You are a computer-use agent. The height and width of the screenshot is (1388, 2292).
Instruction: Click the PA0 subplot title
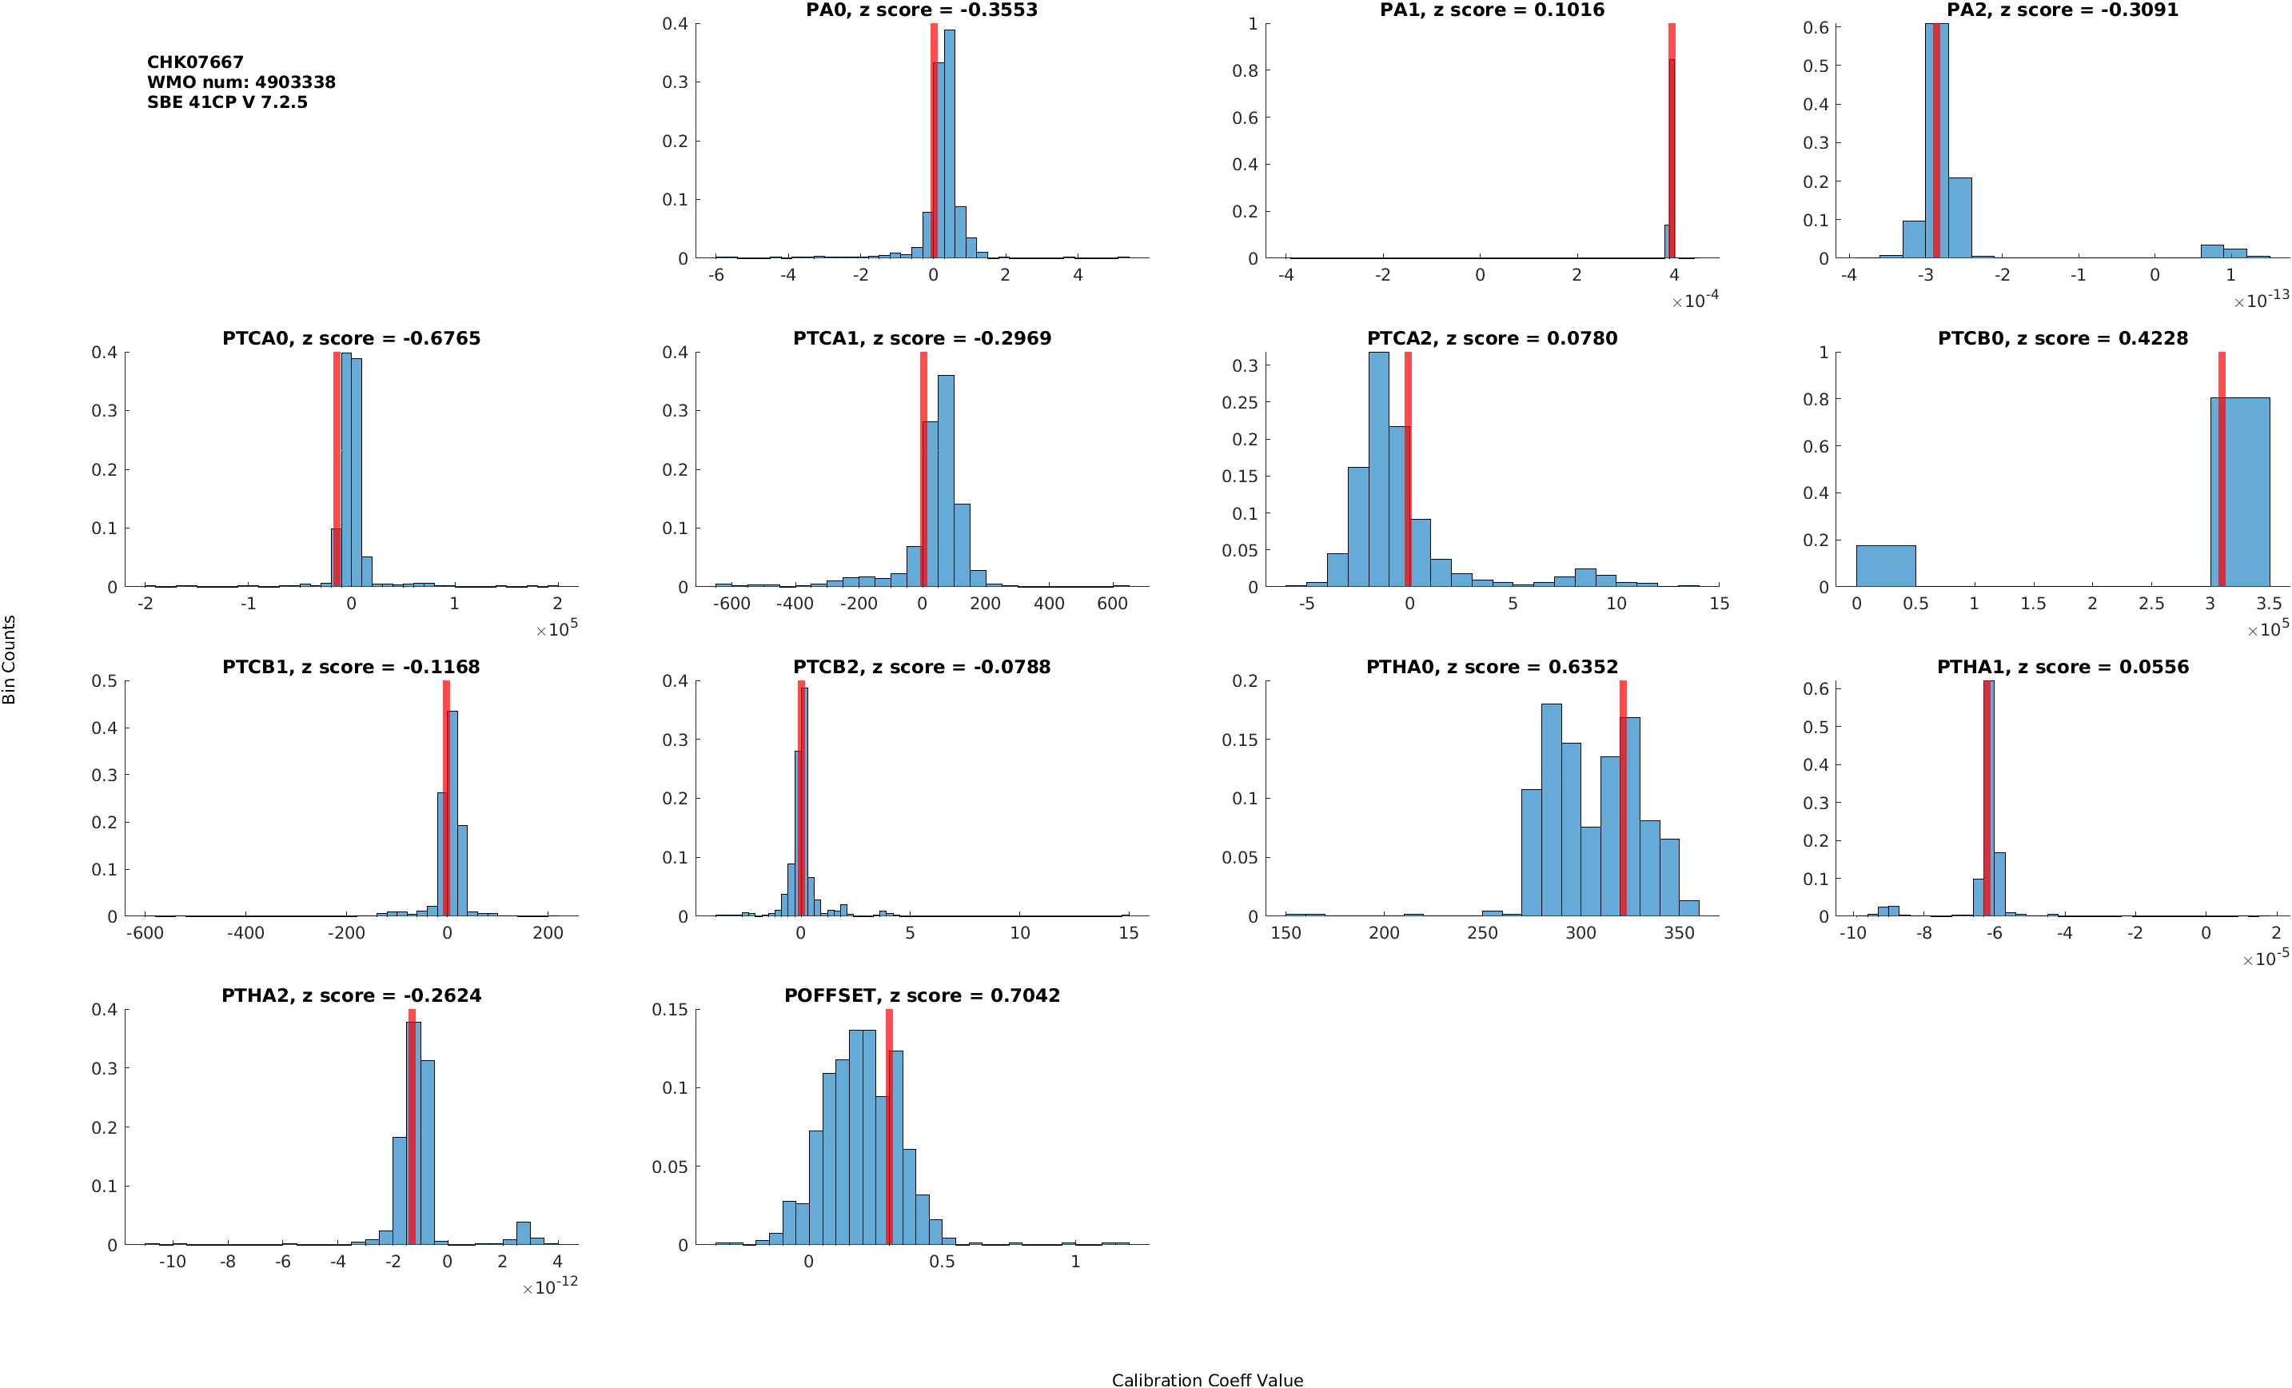921,10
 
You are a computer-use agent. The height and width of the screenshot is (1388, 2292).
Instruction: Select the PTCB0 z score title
2063,339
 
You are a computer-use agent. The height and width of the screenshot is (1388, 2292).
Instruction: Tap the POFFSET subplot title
921,995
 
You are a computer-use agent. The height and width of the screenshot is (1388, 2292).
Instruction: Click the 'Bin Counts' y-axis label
10,659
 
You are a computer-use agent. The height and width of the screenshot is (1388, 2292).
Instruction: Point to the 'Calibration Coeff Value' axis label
1206,1381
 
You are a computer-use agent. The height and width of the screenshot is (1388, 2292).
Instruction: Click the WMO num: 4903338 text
241,82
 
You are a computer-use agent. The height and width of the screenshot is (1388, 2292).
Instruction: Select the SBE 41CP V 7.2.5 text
227,102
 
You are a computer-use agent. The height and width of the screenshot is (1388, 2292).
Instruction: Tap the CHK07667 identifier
195,62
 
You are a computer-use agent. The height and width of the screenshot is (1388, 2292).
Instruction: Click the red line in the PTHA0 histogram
1622,800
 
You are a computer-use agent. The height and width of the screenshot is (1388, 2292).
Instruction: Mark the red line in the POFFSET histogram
888,1126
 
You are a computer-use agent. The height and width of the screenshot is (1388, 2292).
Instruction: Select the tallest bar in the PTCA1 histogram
945,480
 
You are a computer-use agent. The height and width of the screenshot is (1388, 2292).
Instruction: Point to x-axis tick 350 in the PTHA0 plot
1679,933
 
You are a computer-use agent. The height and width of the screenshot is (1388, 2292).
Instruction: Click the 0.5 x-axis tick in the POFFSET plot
942,1262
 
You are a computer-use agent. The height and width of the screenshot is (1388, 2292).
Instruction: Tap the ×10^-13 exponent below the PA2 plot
2260,300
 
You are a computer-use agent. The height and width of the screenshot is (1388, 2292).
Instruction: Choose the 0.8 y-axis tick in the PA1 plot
1245,70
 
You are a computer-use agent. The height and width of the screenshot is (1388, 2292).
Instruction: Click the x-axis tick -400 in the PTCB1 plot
245,933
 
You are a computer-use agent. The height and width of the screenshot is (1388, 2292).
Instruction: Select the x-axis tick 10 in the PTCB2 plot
1019,933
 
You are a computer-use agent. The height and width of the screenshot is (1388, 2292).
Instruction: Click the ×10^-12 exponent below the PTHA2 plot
550,1286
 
